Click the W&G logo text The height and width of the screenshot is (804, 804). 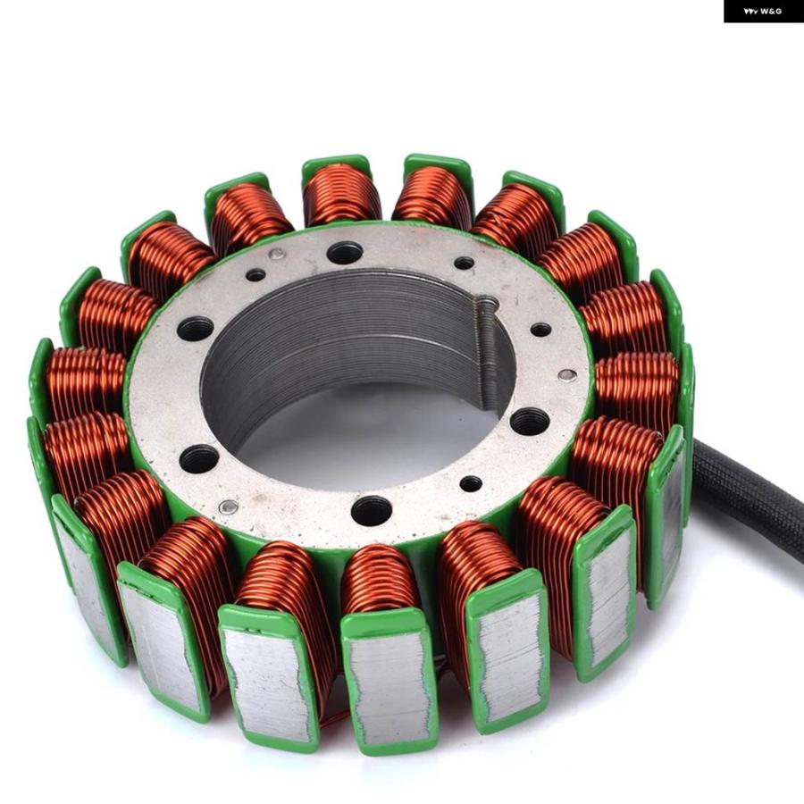(x=764, y=11)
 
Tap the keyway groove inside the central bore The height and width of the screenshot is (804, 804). (x=486, y=353)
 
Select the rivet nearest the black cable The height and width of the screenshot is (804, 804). (x=566, y=375)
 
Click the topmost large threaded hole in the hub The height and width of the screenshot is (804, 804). (x=345, y=251)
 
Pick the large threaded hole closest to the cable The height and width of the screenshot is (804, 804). (x=529, y=421)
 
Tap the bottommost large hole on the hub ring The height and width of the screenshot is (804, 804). (x=372, y=510)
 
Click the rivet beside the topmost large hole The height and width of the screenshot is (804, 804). (x=277, y=254)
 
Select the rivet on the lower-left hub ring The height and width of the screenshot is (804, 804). (x=228, y=507)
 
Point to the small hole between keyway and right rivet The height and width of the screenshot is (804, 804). (x=541, y=330)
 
